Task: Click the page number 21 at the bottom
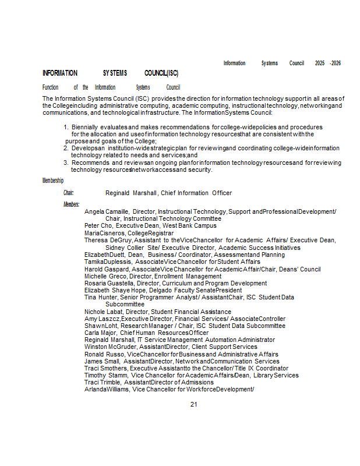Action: coord(194,404)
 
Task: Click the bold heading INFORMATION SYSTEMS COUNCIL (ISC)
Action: coord(110,73)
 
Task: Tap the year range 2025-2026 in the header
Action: coord(327,63)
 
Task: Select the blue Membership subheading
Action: coord(52,181)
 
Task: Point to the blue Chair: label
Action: coord(69,193)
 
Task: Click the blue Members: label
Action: coord(71,204)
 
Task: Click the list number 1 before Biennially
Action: coord(66,127)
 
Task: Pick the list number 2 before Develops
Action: coord(66,149)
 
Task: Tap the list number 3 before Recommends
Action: coord(66,163)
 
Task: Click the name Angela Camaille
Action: coord(107,211)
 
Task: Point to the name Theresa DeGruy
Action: coord(108,240)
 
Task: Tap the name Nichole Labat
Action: coord(103,312)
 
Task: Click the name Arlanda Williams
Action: coord(107,389)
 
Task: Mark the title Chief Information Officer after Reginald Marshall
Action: coord(197,193)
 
